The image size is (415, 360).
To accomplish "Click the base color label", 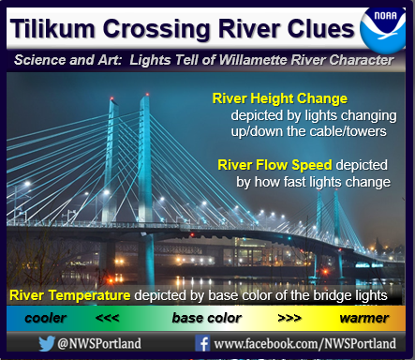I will (x=207, y=318).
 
